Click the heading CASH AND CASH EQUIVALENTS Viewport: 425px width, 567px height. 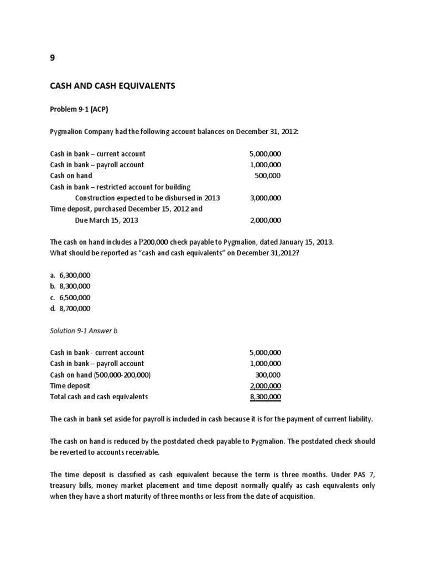point(112,86)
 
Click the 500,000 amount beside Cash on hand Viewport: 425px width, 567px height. point(267,176)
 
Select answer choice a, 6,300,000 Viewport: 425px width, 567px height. point(70,275)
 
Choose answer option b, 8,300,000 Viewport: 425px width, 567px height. point(70,286)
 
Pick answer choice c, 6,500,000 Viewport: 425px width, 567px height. point(70,297)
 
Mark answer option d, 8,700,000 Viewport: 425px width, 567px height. point(70,308)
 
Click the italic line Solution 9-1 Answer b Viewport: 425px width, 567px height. point(84,331)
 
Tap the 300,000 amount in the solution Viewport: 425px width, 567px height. point(267,375)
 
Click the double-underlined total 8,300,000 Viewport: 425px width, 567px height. point(265,397)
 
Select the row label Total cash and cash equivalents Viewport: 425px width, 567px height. point(99,397)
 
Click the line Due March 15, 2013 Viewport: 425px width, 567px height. point(106,220)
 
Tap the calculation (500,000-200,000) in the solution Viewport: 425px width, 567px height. point(122,375)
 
